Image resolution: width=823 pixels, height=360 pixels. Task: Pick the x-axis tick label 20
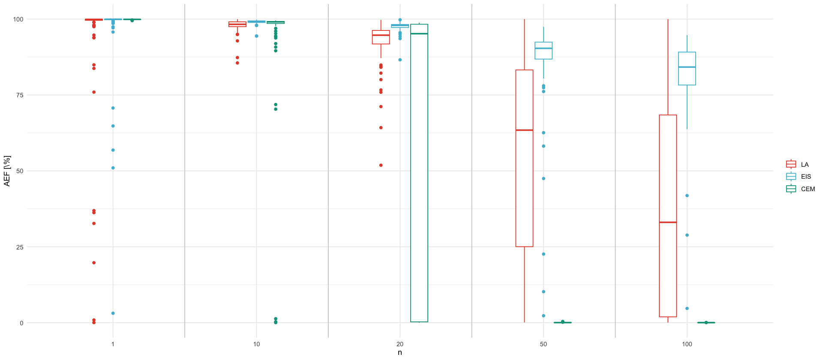coord(400,344)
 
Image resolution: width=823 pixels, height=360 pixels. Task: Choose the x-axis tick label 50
coord(544,344)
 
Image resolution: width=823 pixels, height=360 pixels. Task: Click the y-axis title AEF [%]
coord(7,171)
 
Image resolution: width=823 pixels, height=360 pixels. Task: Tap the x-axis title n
coord(400,353)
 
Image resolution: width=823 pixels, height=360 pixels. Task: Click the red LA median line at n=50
coord(524,130)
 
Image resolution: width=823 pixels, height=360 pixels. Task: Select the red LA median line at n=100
coord(668,222)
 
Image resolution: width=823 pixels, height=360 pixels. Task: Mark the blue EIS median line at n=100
coord(687,67)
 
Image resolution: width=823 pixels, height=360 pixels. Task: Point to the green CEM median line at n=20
coord(419,33)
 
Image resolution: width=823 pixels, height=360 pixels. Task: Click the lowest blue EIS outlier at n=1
coord(113,313)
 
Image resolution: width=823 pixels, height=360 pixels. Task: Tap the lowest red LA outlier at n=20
coord(381,165)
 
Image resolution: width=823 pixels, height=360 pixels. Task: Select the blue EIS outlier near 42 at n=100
coord(687,195)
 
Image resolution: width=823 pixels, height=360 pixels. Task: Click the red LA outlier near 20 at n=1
coord(94,263)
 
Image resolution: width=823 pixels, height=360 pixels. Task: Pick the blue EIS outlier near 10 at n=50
coord(544,292)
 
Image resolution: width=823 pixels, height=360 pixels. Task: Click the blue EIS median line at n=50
coord(544,48)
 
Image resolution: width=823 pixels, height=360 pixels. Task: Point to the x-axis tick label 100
coord(687,344)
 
